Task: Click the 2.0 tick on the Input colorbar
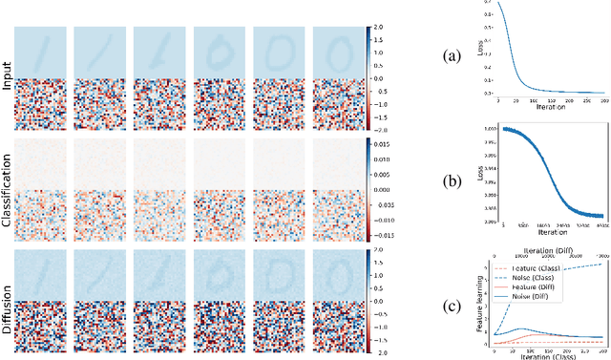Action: (x=378, y=26)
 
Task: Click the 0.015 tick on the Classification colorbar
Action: (x=383, y=143)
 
